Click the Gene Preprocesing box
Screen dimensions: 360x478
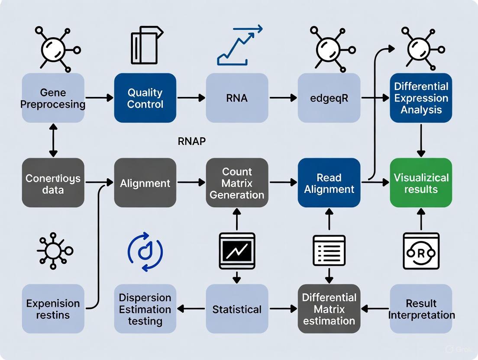pyautogui.click(x=53, y=98)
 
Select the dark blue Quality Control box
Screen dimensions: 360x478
pyautogui.click(x=145, y=98)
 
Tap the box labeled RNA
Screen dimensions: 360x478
pyautogui.click(x=237, y=98)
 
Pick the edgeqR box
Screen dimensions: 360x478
pyautogui.click(x=329, y=98)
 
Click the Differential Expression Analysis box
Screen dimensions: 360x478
pyautogui.click(x=421, y=98)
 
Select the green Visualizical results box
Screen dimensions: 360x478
pyautogui.click(x=421, y=183)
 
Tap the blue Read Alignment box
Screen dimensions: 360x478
pyautogui.click(x=329, y=183)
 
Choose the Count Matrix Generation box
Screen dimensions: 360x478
pyautogui.click(x=237, y=183)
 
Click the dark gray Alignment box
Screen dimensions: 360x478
pyautogui.click(x=145, y=183)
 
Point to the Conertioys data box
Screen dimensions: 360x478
pyautogui.click(x=53, y=183)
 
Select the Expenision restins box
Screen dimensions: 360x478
pyautogui.click(x=53, y=309)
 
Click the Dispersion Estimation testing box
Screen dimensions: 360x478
pyautogui.click(x=145, y=309)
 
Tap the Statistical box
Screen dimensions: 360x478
pyautogui.click(x=237, y=309)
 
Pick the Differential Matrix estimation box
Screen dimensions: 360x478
pyautogui.click(x=329, y=309)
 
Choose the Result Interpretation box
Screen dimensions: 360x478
pyautogui.click(x=421, y=309)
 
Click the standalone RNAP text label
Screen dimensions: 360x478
pyautogui.click(x=191, y=141)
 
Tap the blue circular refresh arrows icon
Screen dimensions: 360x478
pyautogui.click(x=145, y=251)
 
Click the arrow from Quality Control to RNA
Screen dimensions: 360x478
pyautogui.click(x=191, y=98)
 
